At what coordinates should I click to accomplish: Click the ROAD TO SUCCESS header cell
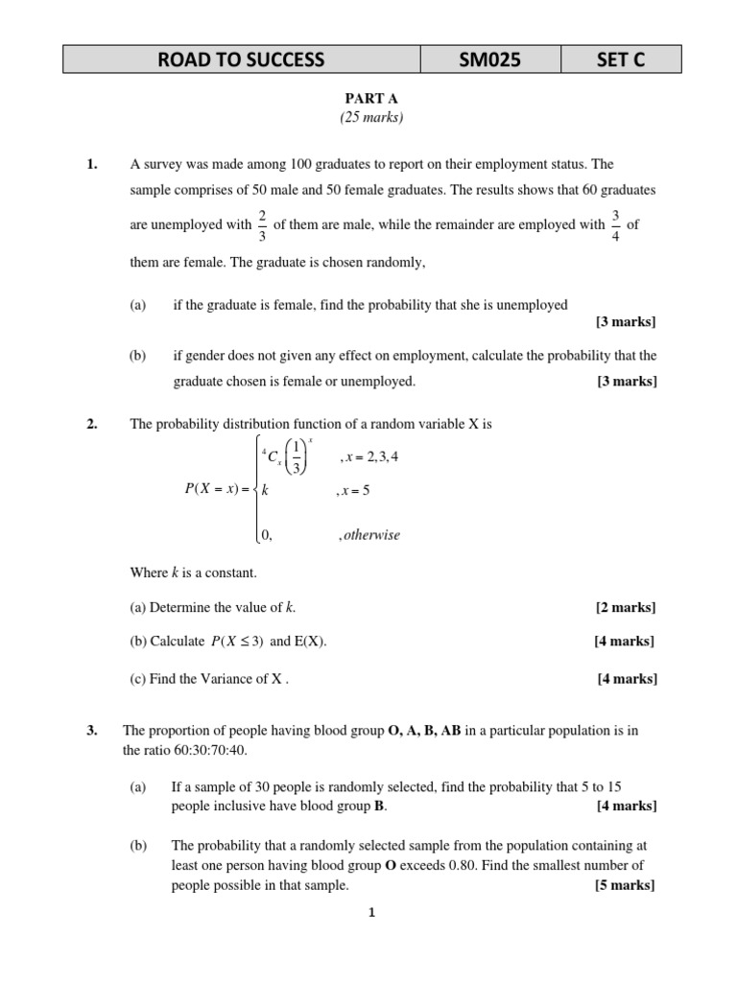tap(242, 60)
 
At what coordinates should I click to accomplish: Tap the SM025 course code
tap(490, 60)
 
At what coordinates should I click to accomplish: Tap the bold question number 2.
tap(92, 423)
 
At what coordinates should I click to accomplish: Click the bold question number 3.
tap(92, 731)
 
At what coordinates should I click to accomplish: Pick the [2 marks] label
tap(626, 608)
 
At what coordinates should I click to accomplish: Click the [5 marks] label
tap(626, 885)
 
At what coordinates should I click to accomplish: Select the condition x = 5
tap(354, 490)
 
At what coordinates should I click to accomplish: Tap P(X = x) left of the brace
tap(216, 489)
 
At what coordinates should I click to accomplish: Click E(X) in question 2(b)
tap(310, 642)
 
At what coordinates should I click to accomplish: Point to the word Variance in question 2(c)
tap(242, 679)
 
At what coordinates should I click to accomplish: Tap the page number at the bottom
tap(371, 914)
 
